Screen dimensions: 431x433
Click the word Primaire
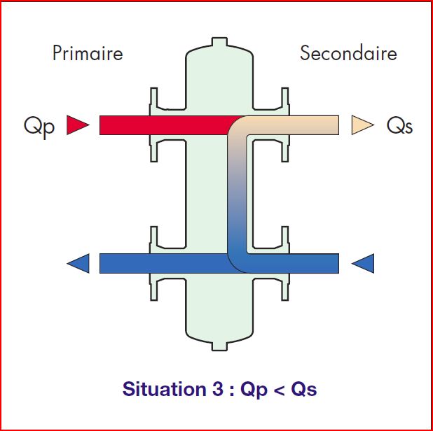(x=88, y=53)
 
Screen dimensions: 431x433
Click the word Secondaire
(x=348, y=53)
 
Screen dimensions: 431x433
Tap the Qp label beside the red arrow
(x=39, y=127)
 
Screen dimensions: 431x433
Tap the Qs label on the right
(x=399, y=127)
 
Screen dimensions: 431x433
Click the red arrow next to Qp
(x=78, y=125)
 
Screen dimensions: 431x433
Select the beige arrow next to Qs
(x=362, y=125)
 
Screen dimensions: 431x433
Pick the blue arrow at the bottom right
(x=362, y=264)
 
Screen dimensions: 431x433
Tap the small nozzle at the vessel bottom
(x=219, y=344)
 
